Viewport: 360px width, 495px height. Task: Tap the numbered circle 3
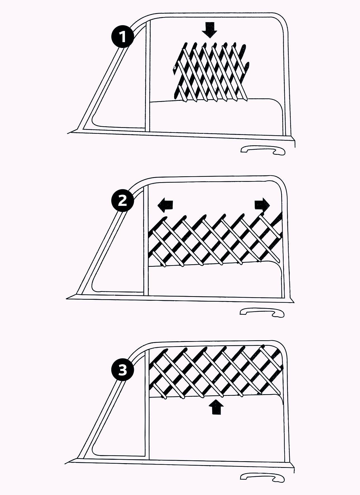[122, 371]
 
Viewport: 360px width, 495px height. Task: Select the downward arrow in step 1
[209, 30]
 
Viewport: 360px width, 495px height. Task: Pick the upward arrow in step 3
[217, 408]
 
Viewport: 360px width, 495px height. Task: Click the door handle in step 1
[263, 150]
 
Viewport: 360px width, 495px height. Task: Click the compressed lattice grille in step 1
[210, 71]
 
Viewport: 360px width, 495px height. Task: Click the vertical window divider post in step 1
[148, 84]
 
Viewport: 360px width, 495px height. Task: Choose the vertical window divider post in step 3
[147, 419]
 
